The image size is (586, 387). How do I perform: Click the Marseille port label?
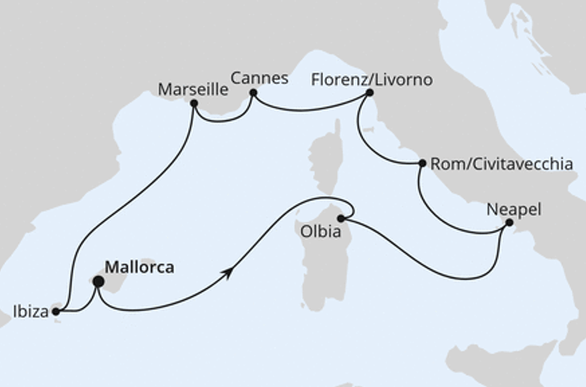(x=192, y=88)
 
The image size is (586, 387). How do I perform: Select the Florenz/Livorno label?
(x=372, y=80)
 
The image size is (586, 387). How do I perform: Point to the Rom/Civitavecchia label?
(x=501, y=164)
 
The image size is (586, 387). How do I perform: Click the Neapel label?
(x=514, y=210)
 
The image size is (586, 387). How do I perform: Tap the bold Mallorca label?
(x=140, y=268)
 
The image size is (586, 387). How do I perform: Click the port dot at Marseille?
(x=193, y=104)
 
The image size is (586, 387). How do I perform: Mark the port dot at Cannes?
(x=253, y=93)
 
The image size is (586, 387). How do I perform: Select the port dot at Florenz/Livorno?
(x=369, y=93)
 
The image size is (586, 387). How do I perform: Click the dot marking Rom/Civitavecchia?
(x=423, y=163)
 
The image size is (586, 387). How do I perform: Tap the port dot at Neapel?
(x=509, y=222)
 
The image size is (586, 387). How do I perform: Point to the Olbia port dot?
(x=341, y=218)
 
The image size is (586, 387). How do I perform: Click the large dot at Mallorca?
(x=98, y=281)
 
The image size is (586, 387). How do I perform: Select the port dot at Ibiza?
(x=56, y=310)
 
